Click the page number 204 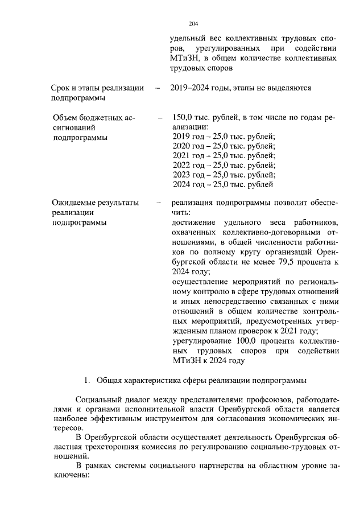(x=193, y=23)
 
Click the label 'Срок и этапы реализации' (x=97, y=88)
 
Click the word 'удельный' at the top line (x=187, y=39)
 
